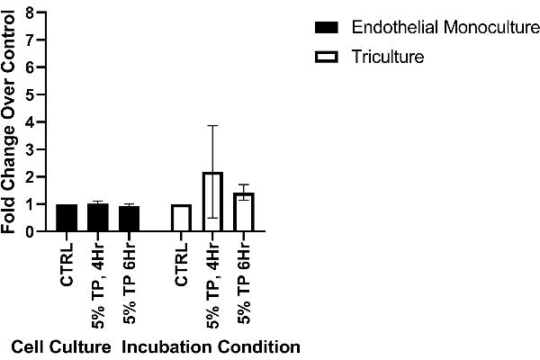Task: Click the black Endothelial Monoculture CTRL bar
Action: [67, 218]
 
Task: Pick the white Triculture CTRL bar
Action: [182, 218]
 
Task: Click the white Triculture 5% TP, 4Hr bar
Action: [211, 202]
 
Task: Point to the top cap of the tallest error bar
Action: [211, 125]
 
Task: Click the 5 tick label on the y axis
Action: [31, 94]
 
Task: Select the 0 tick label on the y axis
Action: [31, 231]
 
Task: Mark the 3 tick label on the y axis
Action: [31, 149]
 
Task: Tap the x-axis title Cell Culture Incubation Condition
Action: [155, 346]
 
